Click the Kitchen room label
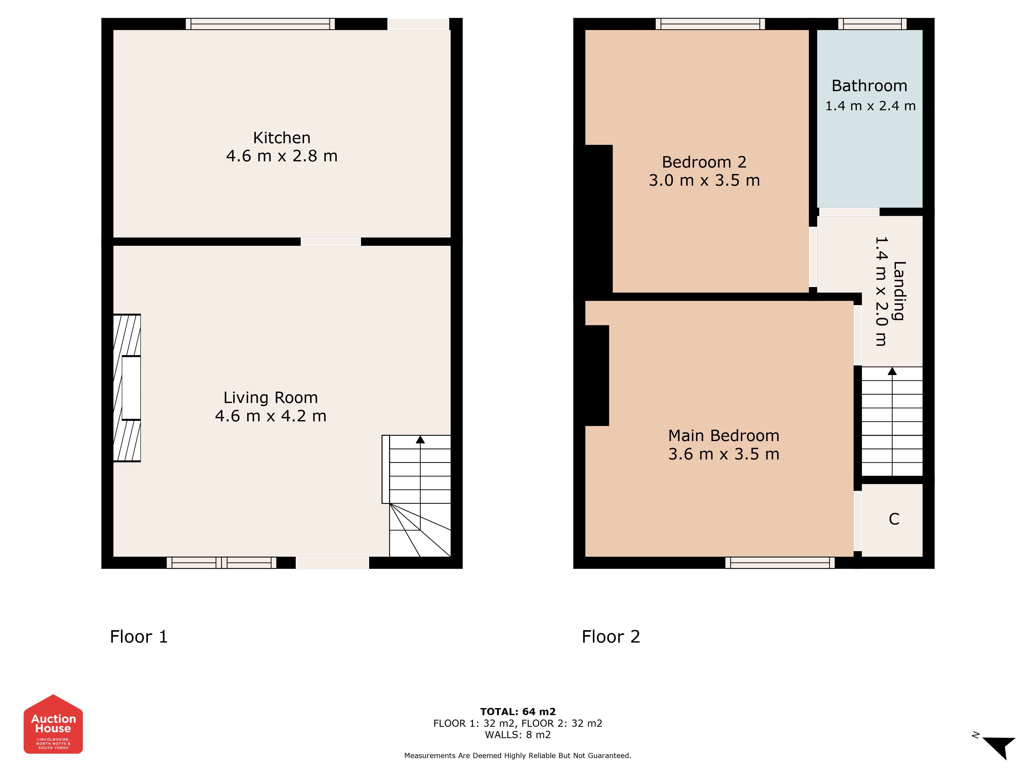282,138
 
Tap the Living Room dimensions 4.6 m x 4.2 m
271,416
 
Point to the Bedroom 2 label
704,162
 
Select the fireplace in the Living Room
127,388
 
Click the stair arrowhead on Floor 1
420,439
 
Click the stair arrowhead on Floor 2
892,371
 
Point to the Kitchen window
260,24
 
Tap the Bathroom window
872,24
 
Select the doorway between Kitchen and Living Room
331,242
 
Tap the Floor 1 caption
139,637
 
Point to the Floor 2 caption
611,637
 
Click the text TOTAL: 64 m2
518,712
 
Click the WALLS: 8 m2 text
518,735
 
